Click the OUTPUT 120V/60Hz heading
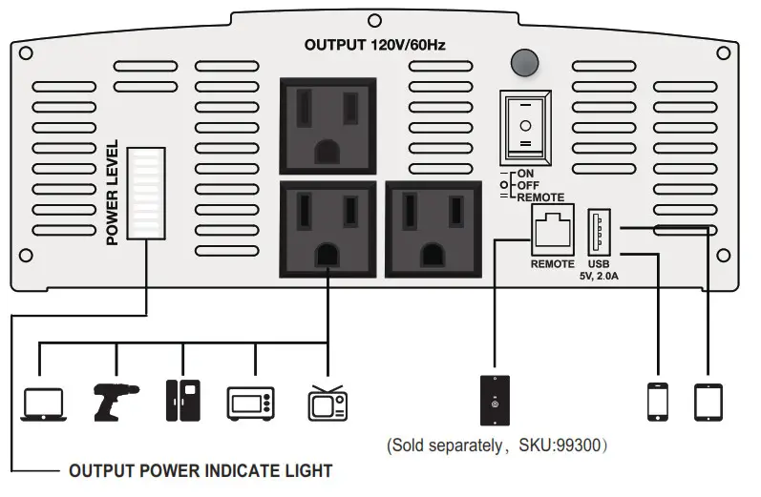(x=375, y=45)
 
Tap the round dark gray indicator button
(x=523, y=62)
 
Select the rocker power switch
(x=524, y=126)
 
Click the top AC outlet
(x=328, y=124)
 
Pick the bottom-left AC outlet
(x=328, y=228)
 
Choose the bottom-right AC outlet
(x=433, y=228)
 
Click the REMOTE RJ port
(x=552, y=230)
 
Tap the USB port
(x=599, y=230)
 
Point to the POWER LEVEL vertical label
(x=113, y=193)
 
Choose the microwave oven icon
(x=251, y=403)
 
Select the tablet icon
(x=708, y=401)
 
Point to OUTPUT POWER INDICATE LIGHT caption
(x=201, y=471)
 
